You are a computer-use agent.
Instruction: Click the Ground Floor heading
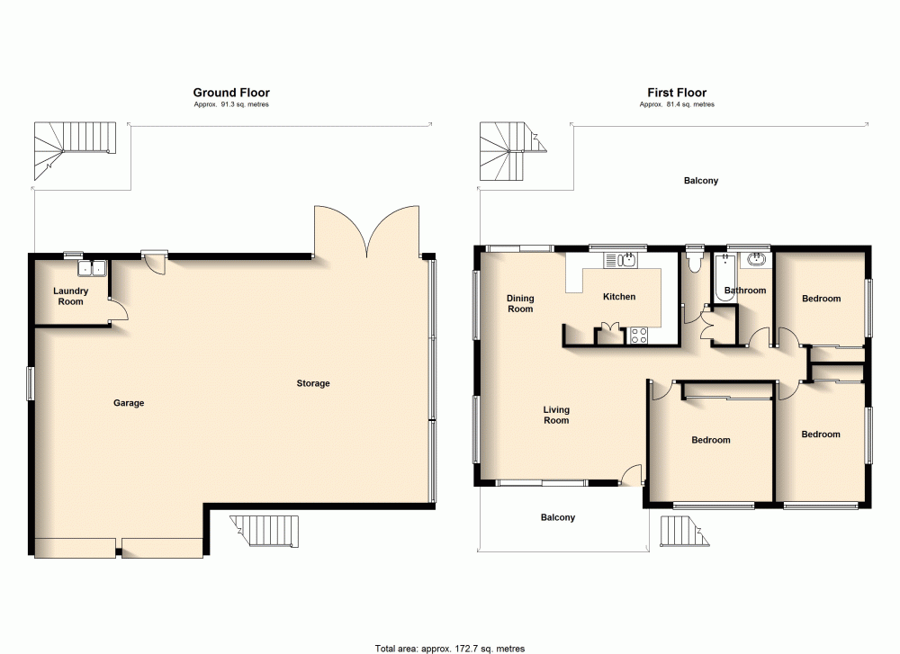click(231, 92)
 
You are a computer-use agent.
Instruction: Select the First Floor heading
click(677, 92)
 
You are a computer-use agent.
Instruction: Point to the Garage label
click(129, 403)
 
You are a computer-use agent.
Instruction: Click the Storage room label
click(313, 383)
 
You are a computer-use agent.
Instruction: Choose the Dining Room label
click(520, 303)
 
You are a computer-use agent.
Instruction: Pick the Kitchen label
click(619, 296)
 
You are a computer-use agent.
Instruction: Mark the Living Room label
click(556, 415)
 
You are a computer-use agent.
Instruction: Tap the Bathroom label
click(745, 290)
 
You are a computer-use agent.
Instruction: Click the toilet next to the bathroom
click(693, 261)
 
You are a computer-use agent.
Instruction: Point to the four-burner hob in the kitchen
click(640, 335)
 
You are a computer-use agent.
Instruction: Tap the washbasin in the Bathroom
click(757, 261)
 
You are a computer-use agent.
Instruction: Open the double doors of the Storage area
click(367, 231)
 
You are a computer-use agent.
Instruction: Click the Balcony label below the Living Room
click(557, 517)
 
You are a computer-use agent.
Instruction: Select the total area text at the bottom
click(449, 648)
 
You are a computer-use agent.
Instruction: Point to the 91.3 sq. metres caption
click(231, 104)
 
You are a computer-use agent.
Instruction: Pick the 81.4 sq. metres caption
click(677, 104)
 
